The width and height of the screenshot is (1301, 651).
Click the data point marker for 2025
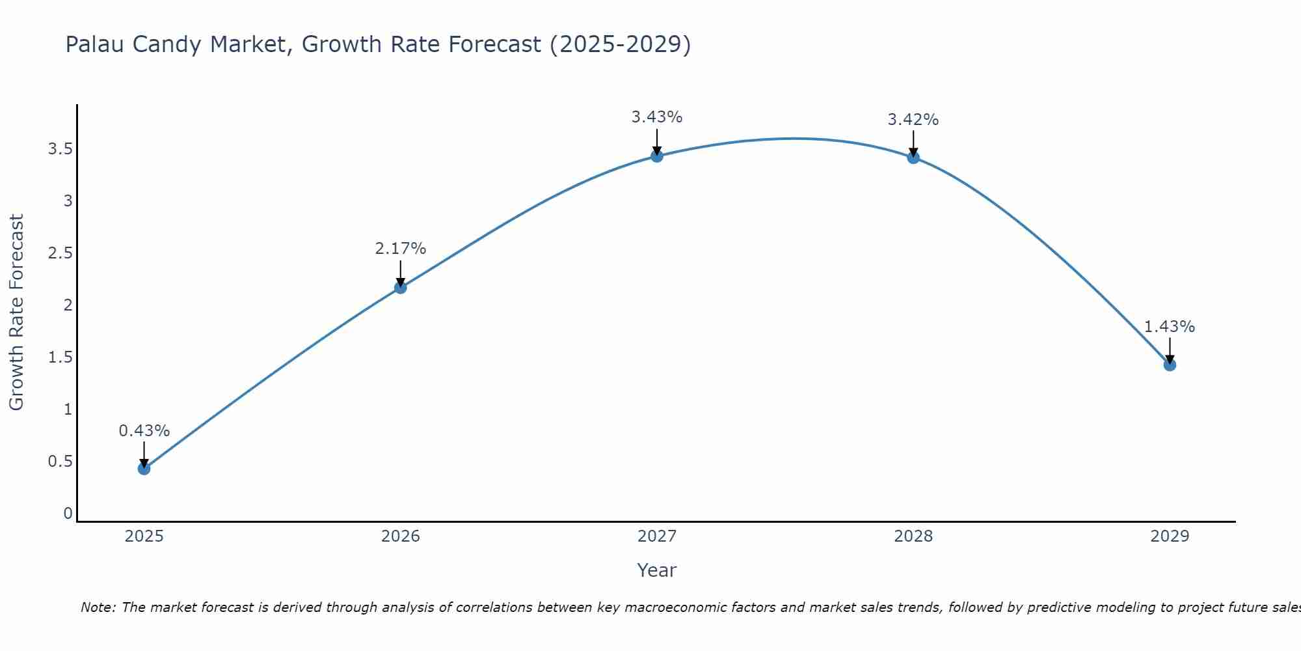pyautogui.click(x=144, y=469)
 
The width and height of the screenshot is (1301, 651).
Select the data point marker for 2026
pyautogui.click(x=401, y=288)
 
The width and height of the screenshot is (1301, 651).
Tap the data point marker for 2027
pyautogui.click(x=657, y=156)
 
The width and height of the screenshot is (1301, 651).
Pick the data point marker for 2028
pyautogui.click(x=913, y=158)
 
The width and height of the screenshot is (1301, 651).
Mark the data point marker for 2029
pyautogui.click(x=1170, y=365)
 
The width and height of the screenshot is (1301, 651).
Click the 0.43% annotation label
pyautogui.click(x=144, y=431)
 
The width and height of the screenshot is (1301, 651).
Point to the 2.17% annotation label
pyautogui.click(x=401, y=249)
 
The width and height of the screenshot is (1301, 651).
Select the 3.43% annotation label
pyautogui.click(x=657, y=117)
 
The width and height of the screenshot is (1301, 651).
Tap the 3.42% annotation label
pyautogui.click(x=913, y=120)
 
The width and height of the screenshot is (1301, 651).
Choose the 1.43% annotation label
pyautogui.click(x=1170, y=327)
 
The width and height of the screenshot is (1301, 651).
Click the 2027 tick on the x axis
pyautogui.click(x=657, y=536)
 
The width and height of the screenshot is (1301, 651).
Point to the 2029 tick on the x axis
pyautogui.click(x=1170, y=536)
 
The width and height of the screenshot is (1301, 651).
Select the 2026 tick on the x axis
pyautogui.click(x=401, y=536)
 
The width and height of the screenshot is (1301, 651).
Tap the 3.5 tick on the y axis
pyautogui.click(x=60, y=149)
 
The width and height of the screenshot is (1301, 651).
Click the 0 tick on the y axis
pyautogui.click(x=68, y=514)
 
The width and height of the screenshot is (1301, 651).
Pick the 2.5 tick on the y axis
pyautogui.click(x=60, y=253)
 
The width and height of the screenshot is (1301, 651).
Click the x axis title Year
pyautogui.click(x=657, y=570)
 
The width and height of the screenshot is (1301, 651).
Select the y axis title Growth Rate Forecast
pyautogui.click(x=17, y=312)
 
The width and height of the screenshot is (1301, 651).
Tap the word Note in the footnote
pyautogui.click(x=97, y=607)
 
